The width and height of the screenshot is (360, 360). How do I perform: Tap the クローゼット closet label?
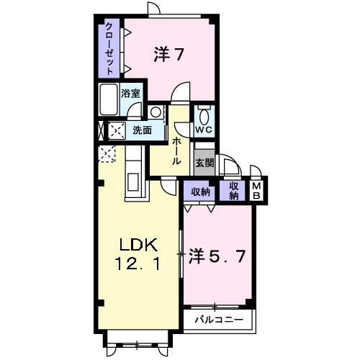click(109, 48)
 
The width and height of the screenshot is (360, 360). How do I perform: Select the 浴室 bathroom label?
click(130, 94)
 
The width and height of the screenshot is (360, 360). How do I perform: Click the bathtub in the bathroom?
click(109, 101)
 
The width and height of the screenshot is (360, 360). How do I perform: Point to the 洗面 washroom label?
click(142, 130)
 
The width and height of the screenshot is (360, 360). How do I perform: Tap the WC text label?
click(204, 130)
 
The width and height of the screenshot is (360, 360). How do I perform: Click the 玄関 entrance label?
click(204, 163)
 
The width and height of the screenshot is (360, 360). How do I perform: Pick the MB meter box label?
click(256, 191)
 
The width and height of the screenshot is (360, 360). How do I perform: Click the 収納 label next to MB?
click(234, 191)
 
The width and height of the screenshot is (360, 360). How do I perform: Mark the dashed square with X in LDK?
click(107, 154)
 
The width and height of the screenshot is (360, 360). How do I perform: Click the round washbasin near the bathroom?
click(156, 112)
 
